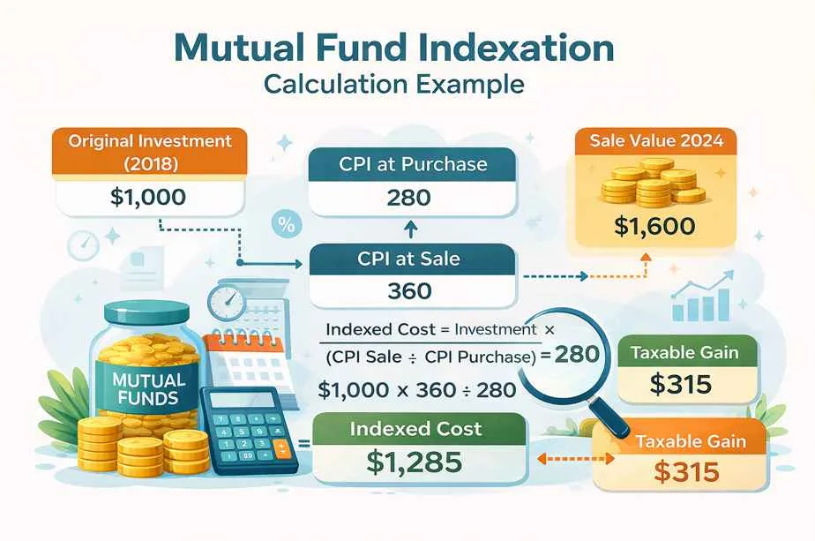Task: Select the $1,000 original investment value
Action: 148,196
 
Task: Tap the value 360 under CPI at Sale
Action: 409,290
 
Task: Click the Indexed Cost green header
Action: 416,430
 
